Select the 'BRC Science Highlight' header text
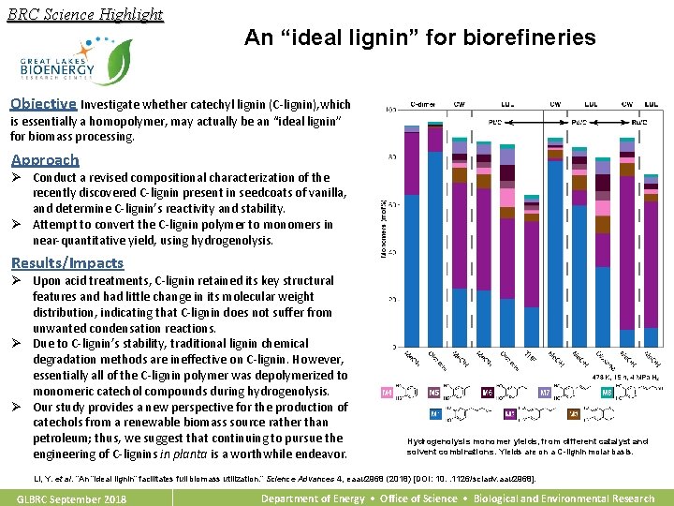(x=84, y=14)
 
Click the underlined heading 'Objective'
(x=43, y=104)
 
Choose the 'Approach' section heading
(x=45, y=160)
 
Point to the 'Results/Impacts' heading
(x=66, y=263)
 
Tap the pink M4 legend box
(x=388, y=394)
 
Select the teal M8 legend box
(x=607, y=394)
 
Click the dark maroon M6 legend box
(x=487, y=394)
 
